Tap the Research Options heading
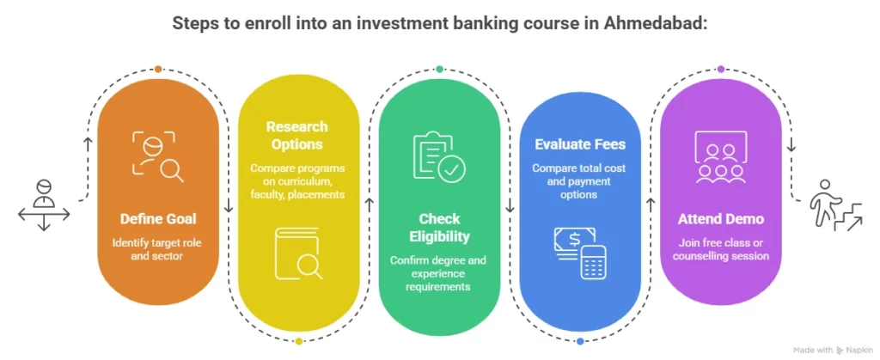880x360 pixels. click(x=296, y=135)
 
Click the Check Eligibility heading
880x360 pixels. click(x=439, y=228)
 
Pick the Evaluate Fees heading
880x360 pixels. click(x=580, y=144)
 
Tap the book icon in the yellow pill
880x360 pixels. click(x=298, y=253)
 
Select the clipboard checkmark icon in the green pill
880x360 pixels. click(x=439, y=156)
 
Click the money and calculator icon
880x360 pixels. click(x=580, y=251)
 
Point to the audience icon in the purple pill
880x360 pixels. click(x=720, y=157)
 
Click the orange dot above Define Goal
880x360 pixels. click(x=158, y=69)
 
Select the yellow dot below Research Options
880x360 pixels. click(x=298, y=341)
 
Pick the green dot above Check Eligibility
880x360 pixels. click(x=439, y=69)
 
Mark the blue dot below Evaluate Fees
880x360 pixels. click(x=580, y=341)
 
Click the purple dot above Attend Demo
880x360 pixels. click(x=720, y=69)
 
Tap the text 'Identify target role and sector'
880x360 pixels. click(x=158, y=249)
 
